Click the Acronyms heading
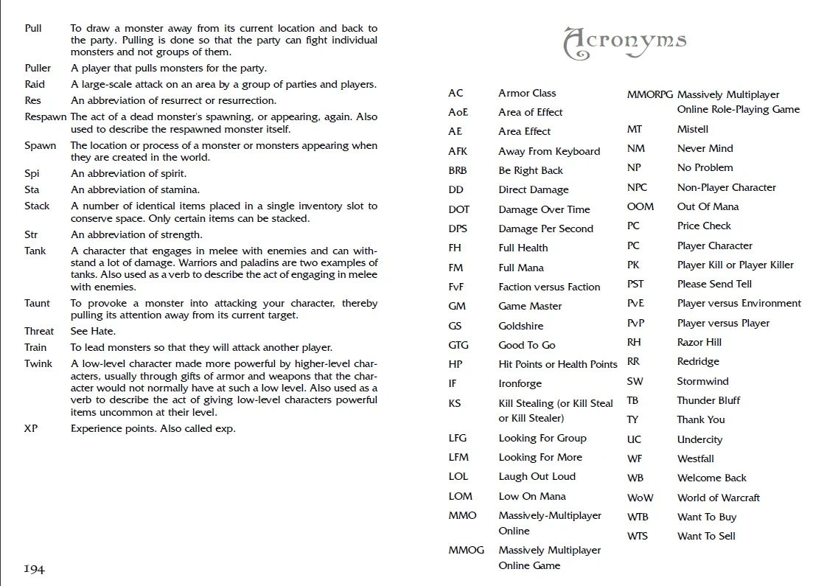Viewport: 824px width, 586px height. point(624,43)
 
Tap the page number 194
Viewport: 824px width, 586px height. point(34,568)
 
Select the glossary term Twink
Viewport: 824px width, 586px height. point(38,363)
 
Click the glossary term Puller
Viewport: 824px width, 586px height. point(38,68)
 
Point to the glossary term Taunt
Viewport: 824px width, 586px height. point(38,303)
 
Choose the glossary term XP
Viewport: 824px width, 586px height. point(31,428)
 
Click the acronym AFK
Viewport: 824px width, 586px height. point(458,151)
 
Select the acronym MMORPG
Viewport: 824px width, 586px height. point(650,94)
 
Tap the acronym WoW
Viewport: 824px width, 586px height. point(640,498)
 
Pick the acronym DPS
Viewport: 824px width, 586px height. point(458,229)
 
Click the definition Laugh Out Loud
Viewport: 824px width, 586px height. point(537,476)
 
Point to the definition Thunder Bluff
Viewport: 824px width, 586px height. point(708,400)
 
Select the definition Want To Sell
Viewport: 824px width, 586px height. point(706,536)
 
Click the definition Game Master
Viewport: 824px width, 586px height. point(529,306)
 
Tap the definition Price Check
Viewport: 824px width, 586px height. point(704,226)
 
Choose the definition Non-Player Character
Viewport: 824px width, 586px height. point(726,187)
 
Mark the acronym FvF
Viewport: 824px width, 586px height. point(456,287)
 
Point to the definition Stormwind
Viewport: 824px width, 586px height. point(702,381)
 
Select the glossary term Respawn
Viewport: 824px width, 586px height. point(46,116)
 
